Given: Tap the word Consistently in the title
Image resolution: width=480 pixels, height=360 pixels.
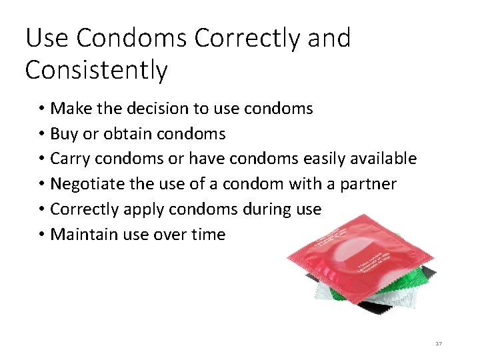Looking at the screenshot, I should (x=96, y=70).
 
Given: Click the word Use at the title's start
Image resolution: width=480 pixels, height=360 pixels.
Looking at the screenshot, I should (x=47, y=39).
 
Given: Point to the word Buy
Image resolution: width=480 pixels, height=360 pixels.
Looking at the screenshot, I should (x=64, y=133).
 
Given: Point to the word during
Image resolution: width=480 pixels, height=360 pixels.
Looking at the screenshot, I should (x=268, y=209).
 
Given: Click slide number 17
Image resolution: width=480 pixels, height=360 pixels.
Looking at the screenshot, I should (x=438, y=343).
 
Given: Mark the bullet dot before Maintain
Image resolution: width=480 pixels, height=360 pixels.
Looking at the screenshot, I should (x=41, y=235).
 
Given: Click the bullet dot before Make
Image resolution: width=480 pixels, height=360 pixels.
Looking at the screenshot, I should (x=41, y=108).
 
